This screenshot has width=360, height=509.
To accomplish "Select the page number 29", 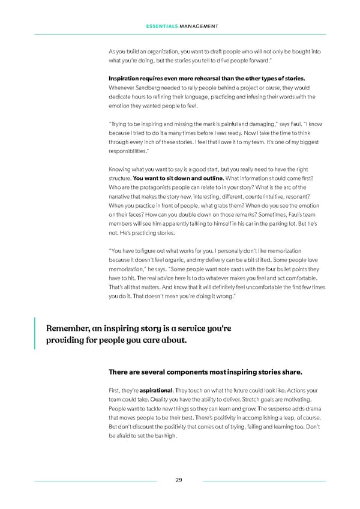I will click(179, 480).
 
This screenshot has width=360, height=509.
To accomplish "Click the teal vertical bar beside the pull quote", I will click(35, 334).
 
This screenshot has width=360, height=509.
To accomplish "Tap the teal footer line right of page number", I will click(264, 481).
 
